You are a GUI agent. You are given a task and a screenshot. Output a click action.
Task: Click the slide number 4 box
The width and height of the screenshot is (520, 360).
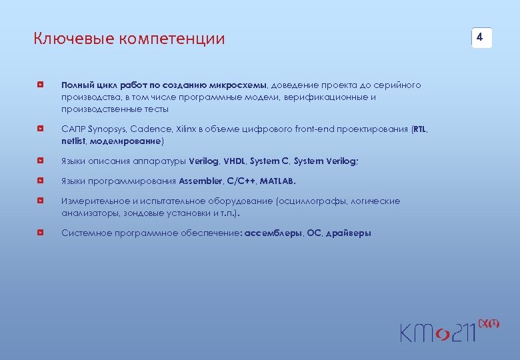click(x=481, y=38)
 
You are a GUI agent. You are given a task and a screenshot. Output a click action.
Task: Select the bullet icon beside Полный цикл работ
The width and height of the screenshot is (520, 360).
click(x=41, y=86)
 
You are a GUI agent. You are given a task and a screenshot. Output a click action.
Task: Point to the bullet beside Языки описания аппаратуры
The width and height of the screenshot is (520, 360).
click(x=41, y=161)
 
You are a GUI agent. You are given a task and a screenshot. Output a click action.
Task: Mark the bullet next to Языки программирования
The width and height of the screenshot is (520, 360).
click(x=41, y=181)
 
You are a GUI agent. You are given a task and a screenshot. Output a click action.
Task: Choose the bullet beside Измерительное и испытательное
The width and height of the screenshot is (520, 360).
click(x=41, y=201)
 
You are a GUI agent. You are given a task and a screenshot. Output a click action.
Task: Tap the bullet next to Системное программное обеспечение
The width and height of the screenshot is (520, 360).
click(x=41, y=233)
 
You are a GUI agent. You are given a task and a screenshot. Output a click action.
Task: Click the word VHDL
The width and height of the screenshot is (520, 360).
click(x=234, y=161)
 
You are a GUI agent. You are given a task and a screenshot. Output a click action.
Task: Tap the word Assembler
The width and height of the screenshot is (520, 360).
click(x=201, y=181)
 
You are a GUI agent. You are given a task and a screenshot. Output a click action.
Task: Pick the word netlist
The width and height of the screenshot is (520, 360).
click(x=73, y=141)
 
